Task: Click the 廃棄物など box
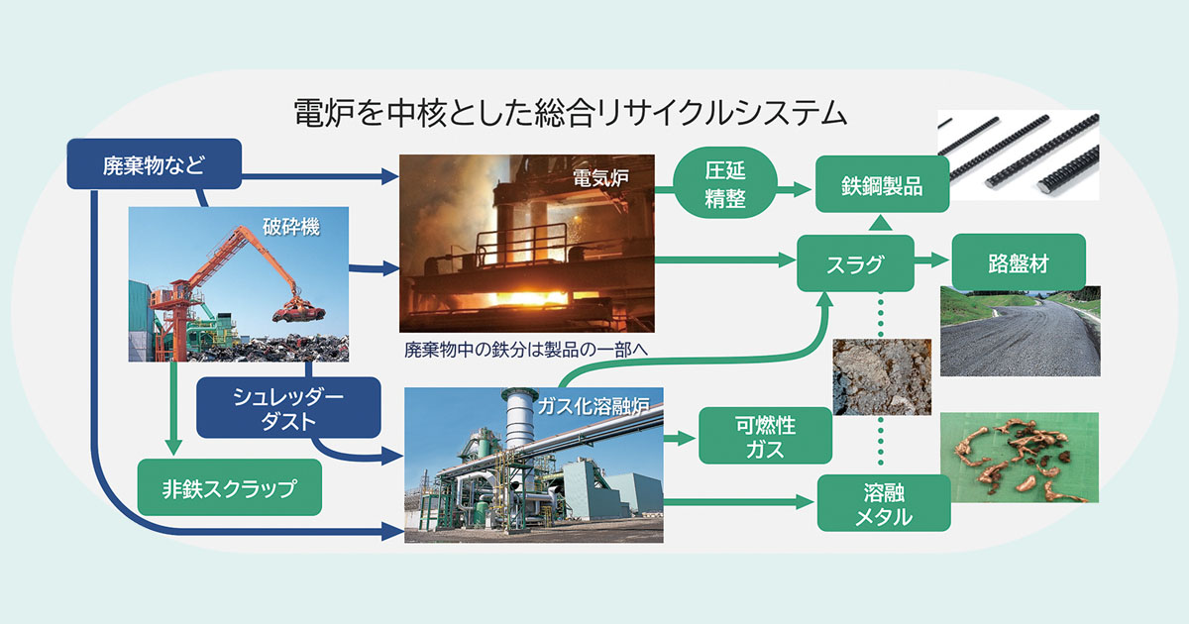155,163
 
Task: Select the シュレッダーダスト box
288,407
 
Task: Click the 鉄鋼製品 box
882,183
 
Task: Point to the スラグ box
854,263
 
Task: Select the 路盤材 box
1019,263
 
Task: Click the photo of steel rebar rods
1019,156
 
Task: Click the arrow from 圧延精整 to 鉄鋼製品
789,184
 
